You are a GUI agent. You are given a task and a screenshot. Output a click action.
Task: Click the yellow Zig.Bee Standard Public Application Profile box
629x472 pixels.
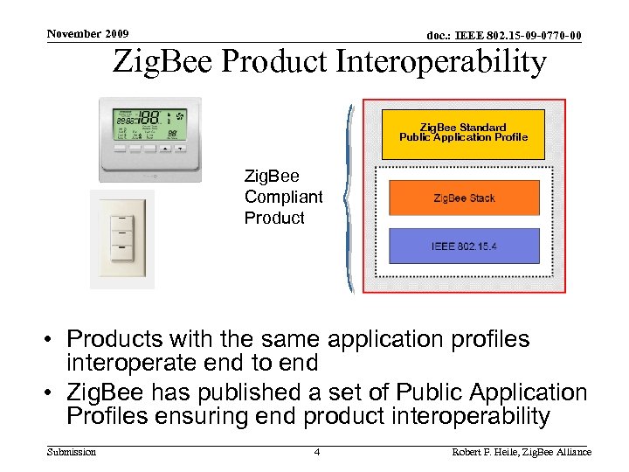tap(463, 133)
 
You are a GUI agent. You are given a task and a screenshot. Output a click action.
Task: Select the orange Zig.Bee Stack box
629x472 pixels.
tap(464, 198)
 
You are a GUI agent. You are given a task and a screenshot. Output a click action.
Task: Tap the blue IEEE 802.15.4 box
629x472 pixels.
tap(464, 246)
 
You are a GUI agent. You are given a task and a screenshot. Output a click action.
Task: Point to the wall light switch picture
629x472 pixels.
tap(122, 238)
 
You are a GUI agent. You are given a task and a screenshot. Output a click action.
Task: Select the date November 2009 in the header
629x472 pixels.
tap(87, 34)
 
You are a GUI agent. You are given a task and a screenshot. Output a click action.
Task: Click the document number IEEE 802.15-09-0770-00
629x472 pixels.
tap(504, 36)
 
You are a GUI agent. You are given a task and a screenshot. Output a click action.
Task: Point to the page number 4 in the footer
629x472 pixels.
tap(317, 452)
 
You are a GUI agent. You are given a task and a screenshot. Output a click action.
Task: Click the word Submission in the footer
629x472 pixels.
tap(72, 452)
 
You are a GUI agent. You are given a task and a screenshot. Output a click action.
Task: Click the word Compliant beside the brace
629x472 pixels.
tap(283, 198)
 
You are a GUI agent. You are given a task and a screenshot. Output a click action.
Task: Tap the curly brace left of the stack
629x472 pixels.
tap(349, 199)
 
